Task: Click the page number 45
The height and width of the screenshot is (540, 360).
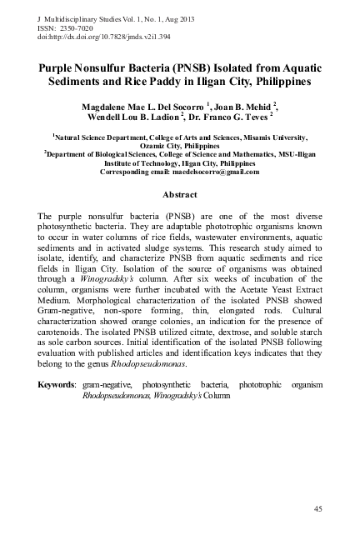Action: tap(317, 508)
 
